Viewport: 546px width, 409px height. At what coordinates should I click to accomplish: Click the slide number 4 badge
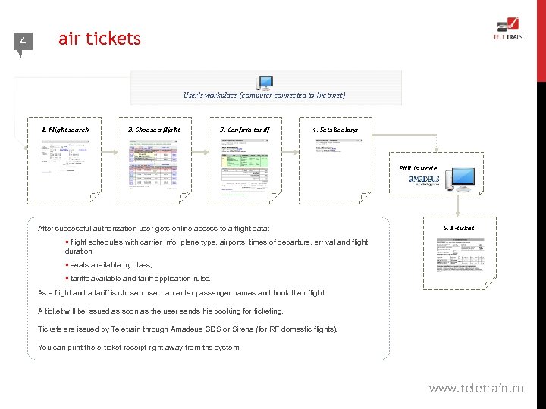[x=23, y=42]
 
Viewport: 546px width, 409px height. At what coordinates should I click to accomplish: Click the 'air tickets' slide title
[x=99, y=39]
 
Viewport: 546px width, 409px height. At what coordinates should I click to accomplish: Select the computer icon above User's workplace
[x=265, y=83]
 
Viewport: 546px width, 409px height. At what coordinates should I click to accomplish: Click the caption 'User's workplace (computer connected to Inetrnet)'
[x=264, y=95]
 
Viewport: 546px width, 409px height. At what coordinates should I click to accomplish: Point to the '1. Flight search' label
[x=64, y=130]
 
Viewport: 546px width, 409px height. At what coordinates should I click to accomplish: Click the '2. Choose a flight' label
[x=154, y=130]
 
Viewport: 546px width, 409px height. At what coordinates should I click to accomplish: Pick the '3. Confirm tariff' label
[x=244, y=130]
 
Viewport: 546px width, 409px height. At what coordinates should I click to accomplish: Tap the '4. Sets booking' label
[x=334, y=130]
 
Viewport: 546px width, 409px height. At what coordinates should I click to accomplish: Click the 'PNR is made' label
[x=418, y=167]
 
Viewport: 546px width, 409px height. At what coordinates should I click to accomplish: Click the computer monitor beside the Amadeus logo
[x=460, y=180]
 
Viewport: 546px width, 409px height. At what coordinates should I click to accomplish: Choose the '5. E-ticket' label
[x=459, y=227]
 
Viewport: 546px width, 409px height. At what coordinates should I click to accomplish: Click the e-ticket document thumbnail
[x=460, y=258]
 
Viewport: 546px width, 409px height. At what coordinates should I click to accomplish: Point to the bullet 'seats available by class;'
[x=111, y=265]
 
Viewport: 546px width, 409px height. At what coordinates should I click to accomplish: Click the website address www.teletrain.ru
[x=476, y=388]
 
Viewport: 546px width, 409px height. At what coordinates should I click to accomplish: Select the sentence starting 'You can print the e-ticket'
[x=139, y=348]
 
